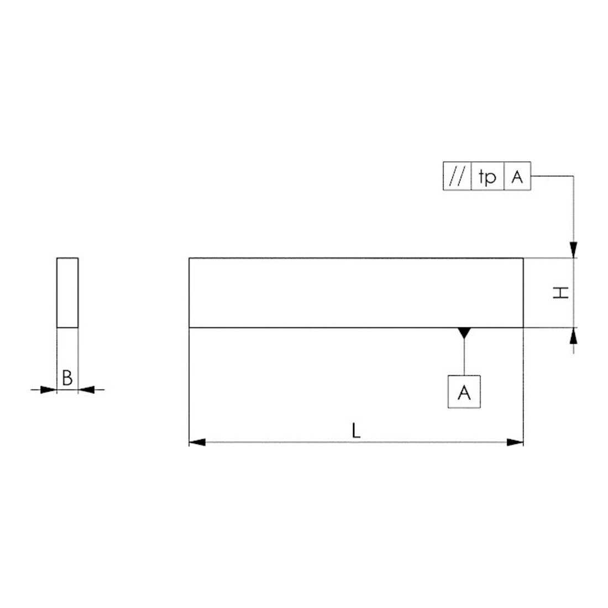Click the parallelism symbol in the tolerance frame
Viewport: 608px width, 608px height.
click(x=457, y=176)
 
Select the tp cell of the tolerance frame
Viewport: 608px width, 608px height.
click(x=488, y=176)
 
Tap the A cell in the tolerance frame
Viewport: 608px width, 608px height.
click(x=517, y=176)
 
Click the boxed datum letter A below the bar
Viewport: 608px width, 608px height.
click(x=464, y=392)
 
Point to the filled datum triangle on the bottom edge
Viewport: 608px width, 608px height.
click(x=464, y=332)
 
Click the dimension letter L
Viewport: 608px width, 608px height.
click(x=356, y=431)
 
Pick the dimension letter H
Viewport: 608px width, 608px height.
click(x=560, y=293)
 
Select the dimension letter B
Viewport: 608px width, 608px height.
click(x=67, y=378)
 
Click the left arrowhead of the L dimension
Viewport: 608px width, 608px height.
click(x=197, y=442)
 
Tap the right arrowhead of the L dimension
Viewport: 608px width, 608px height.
click(x=515, y=442)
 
